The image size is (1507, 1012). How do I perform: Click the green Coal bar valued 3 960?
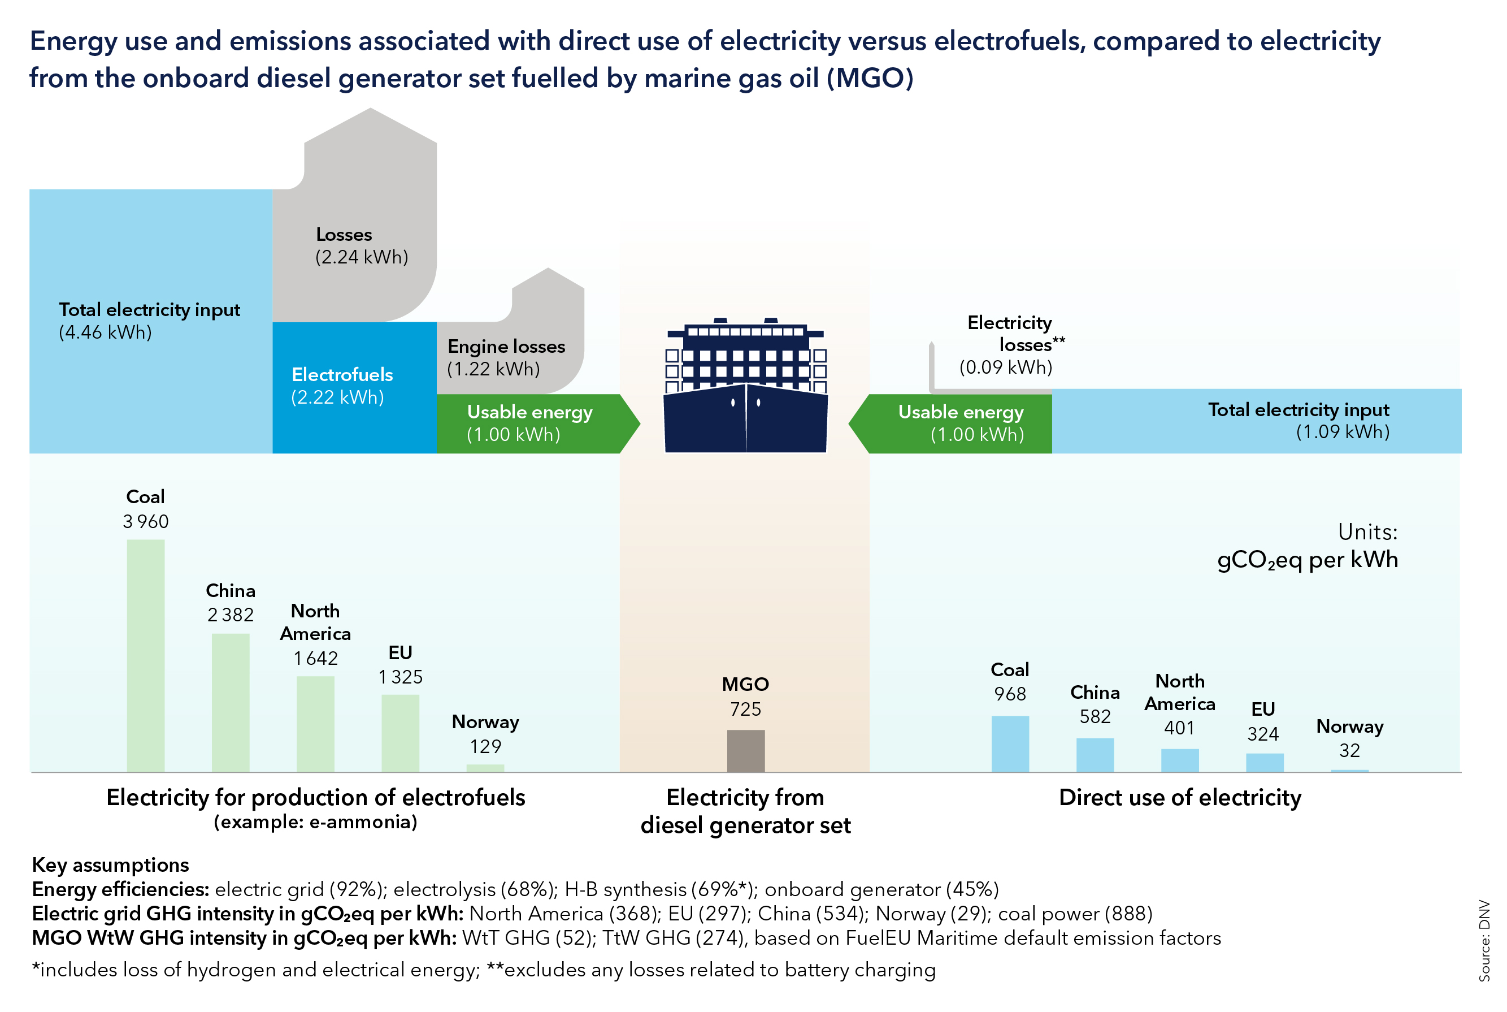click(145, 655)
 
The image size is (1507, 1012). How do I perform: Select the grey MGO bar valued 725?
click(745, 751)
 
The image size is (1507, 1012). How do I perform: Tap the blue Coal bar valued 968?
click(1010, 743)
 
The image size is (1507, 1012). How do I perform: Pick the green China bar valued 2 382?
click(231, 702)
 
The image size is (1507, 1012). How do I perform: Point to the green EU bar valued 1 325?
click(400, 733)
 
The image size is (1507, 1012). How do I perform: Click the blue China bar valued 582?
click(1095, 755)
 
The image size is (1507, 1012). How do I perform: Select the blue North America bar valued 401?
click(1179, 760)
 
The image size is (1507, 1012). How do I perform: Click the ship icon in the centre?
click(745, 387)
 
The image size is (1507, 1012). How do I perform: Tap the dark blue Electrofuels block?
click(354, 387)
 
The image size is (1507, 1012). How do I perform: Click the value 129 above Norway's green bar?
click(485, 747)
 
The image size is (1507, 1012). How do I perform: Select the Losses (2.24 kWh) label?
click(361, 246)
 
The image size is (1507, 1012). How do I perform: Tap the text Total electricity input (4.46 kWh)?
click(149, 321)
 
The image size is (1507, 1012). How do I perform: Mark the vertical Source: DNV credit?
click(1484, 940)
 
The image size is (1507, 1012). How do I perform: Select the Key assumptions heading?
click(110, 865)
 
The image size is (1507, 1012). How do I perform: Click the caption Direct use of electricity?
click(1179, 798)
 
